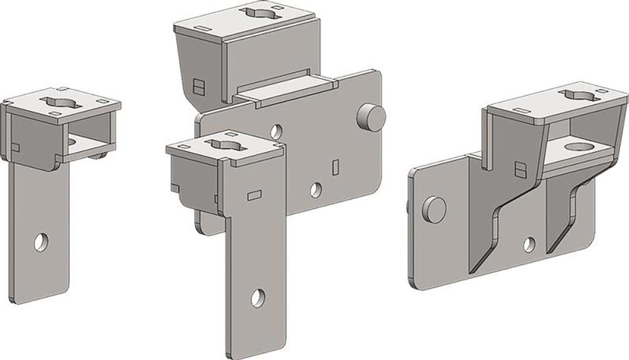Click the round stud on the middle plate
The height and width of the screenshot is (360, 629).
(x=372, y=117)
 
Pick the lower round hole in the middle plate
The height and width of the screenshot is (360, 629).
(x=316, y=190)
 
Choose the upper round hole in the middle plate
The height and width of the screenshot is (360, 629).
(x=277, y=131)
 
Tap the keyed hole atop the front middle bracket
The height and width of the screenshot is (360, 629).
(x=226, y=145)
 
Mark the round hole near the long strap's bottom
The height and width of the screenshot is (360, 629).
(x=257, y=298)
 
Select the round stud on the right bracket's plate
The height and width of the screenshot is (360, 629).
(x=435, y=210)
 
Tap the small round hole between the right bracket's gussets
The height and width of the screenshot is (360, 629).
(x=529, y=244)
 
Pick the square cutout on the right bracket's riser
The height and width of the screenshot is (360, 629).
(x=520, y=169)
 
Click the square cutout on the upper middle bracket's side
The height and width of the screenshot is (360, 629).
(x=199, y=86)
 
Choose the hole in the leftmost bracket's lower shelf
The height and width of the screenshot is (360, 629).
(x=73, y=141)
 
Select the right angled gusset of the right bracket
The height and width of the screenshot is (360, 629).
(x=563, y=220)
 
